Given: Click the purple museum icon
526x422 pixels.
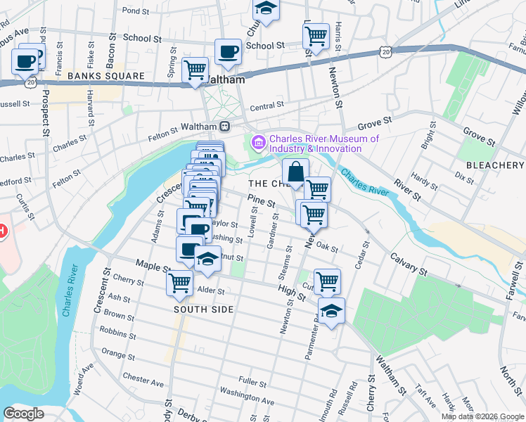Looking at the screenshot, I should click(x=258, y=143).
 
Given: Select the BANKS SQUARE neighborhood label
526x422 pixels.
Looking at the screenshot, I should click(x=106, y=76).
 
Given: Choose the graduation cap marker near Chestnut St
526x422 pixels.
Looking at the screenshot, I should click(x=207, y=260).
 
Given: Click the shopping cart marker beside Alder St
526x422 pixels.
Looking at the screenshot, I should click(x=179, y=283).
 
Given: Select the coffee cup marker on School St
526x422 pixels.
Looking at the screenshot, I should click(x=228, y=51).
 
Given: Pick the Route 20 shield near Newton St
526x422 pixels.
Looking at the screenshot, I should click(x=384, y=51).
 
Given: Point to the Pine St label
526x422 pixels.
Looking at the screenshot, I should click(x=261, y=202).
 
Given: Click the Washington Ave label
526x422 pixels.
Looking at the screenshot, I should click(x=240, y=391).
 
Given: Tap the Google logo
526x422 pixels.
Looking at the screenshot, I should click(x=23, y=414).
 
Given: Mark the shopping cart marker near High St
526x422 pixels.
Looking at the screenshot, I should click(x=327, y=281).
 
